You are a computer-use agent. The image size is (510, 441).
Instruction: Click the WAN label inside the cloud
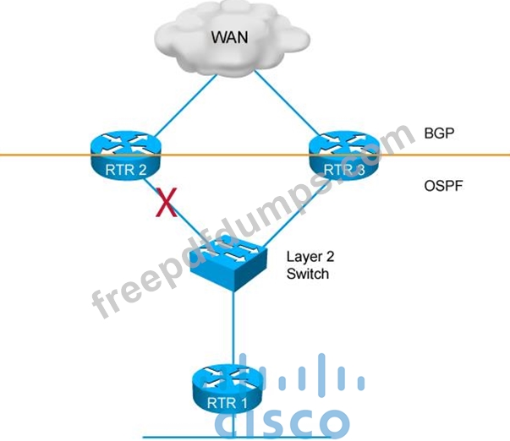[230, 37]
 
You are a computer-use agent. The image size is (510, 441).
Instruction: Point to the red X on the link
[167, 202]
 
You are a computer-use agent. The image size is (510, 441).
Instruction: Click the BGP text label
[439, 133]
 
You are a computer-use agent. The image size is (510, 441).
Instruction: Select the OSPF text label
[443, 186]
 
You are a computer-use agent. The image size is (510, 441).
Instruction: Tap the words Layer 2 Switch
[310, 265]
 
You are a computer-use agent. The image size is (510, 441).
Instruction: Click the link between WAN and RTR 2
[185, 106]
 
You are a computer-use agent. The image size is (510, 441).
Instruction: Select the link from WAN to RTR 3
[287, 103]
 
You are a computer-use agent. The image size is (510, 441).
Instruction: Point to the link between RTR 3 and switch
[293, 215]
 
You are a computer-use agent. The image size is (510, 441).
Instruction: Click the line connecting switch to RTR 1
[233, 329]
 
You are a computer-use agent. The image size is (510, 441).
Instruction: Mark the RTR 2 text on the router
[126, 170]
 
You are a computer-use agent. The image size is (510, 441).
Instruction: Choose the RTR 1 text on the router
[227, 403]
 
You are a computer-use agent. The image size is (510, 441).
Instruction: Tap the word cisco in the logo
[282, 422]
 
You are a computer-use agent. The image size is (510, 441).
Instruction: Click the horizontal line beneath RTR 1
[236, 438]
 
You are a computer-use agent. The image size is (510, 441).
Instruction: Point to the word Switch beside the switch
[308, 274]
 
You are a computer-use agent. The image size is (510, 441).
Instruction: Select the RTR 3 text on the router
[344, 170]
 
